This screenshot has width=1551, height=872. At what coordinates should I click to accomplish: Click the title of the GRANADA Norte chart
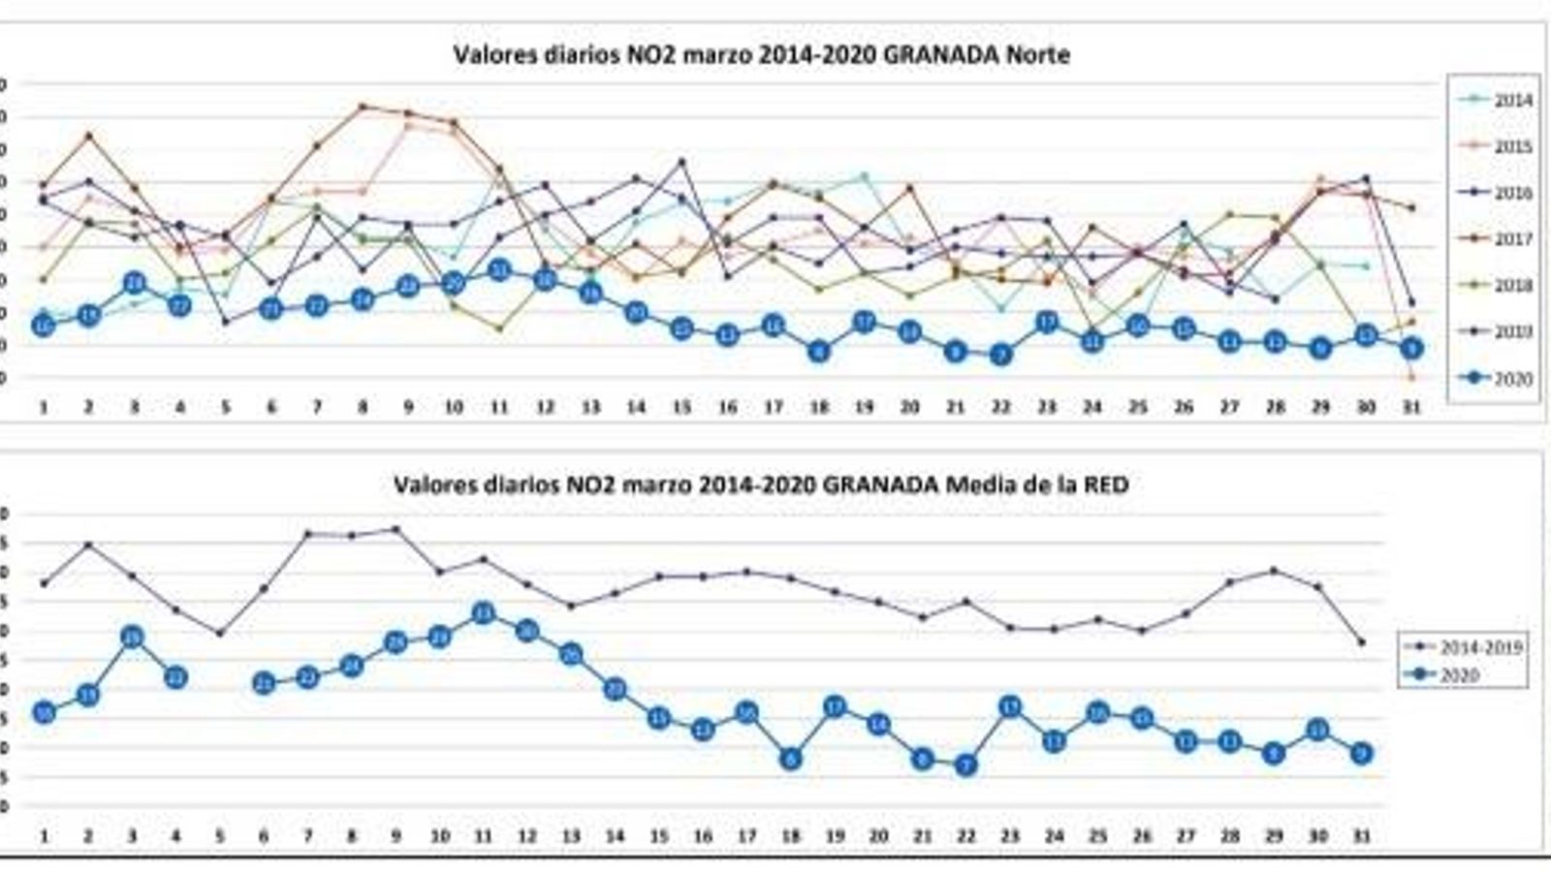click(x=761, y=54)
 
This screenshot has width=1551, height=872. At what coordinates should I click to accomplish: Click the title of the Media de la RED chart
click(x=761, y=484)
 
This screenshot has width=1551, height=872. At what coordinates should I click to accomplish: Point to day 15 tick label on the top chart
click(x=681, y=408)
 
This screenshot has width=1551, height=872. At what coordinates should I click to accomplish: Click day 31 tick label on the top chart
click(x=1411, y=408)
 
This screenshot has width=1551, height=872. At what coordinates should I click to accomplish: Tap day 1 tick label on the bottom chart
click(x=44, y=835)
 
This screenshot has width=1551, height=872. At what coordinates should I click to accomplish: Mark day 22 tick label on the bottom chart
click(x=965, y=835)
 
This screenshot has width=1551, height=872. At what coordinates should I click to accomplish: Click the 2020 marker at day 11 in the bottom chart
click(x=484, y=613)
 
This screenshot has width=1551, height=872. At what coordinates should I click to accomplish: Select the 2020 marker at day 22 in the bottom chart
click(x=965, y=765)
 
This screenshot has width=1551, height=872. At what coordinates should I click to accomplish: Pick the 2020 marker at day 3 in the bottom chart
click(x=133, y=637)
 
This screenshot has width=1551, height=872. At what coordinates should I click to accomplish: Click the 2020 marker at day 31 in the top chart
click(x=1411, y=348)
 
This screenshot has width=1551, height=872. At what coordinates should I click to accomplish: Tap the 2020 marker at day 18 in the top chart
click(x=819, y=352)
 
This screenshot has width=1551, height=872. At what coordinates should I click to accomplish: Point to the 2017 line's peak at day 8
click(x=363, y=107)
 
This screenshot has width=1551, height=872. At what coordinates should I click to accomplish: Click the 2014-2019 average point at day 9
click(x=396, y=529)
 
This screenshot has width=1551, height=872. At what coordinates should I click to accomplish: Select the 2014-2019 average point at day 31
click(x=1361, y=642)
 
